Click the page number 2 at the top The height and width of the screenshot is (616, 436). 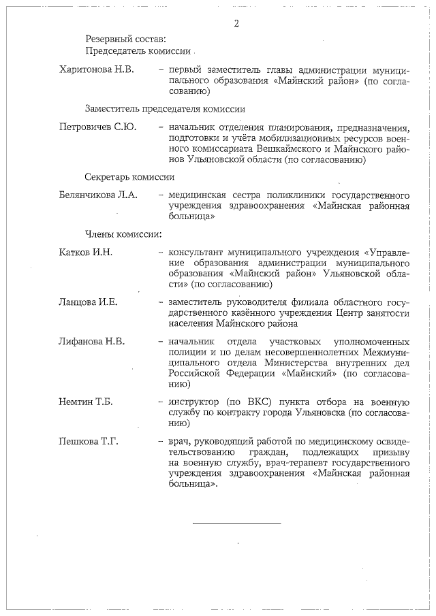(236, 24)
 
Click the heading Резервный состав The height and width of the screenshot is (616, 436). (125, 39)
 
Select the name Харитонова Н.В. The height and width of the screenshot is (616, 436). (97, 69)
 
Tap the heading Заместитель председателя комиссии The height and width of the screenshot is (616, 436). (165, 108)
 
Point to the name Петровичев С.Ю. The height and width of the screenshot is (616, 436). (98, 127)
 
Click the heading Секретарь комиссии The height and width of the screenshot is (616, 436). (129, 176)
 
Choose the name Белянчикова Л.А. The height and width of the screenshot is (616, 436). (99, 195)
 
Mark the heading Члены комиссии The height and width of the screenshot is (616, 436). (123, 234)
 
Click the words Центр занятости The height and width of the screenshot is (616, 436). (371, 313)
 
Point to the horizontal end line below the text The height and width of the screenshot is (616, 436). (236, 523)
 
